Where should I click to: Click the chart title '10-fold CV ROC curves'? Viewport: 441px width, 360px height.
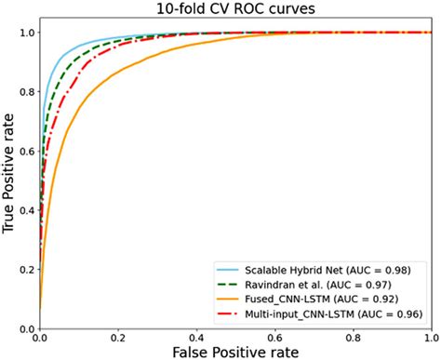coord(234,9)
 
